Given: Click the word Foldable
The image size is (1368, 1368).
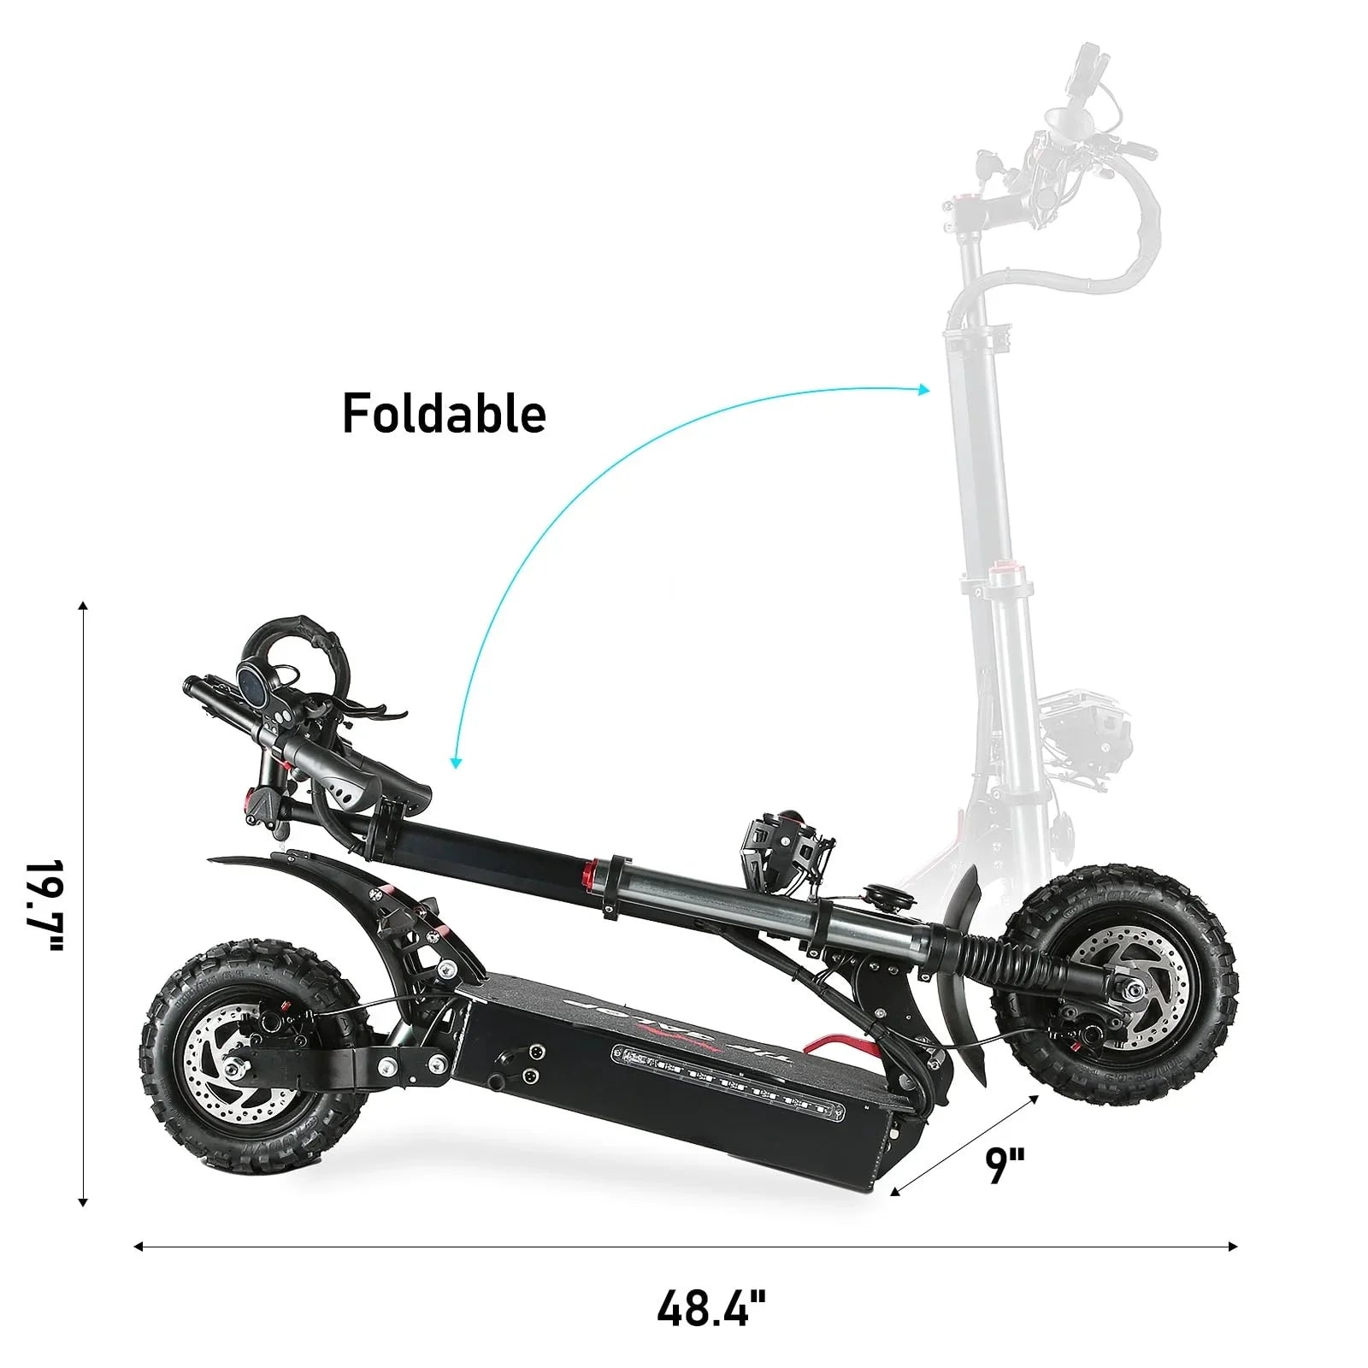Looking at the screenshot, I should coord(444,415).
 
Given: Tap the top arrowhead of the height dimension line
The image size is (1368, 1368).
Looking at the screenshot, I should coord(83,606).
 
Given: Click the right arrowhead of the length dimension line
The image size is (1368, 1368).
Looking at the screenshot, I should coord(1233,1247).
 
